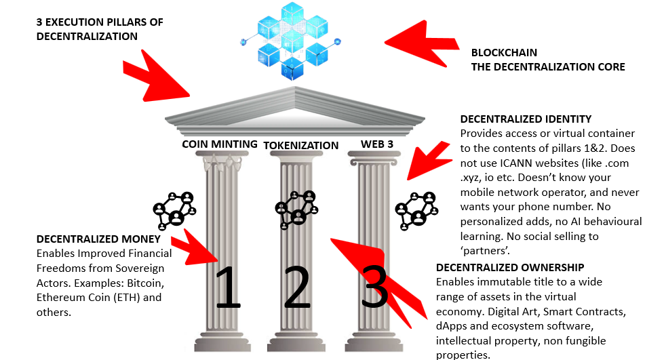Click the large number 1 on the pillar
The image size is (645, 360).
228,287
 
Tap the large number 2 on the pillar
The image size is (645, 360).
296,287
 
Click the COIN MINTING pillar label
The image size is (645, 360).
220,144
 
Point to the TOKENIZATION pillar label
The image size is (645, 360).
300,145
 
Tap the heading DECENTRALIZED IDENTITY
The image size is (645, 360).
526,119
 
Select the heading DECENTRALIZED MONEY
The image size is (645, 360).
98,239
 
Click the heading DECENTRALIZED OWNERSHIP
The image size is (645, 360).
510,268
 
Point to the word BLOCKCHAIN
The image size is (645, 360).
504,52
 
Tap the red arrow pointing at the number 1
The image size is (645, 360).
197,250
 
